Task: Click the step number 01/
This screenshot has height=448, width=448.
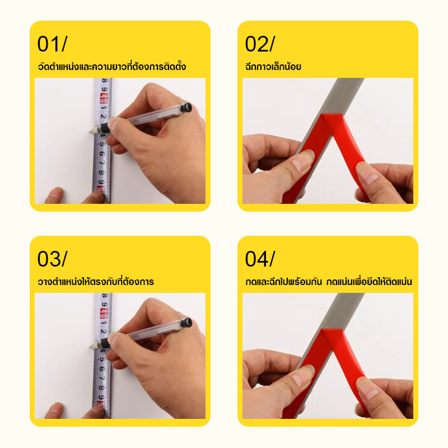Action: [x=52, y=44]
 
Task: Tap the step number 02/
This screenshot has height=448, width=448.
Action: [x=260, y=44]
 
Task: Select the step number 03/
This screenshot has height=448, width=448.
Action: [x=52, y=259]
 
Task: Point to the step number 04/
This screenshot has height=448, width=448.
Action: [x=260, y=259]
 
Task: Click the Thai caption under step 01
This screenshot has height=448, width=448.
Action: [x=111, y=66]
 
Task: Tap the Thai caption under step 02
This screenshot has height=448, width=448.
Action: [x=273, y=66]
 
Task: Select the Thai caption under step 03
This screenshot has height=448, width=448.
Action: [x=96, y=282]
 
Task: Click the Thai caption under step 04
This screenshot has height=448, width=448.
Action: [x=329, y=282]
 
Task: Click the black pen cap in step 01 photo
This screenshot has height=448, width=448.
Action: [x=185, y=108]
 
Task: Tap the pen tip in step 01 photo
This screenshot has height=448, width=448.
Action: [x=91, y=132]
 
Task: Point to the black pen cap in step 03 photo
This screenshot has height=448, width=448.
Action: [x=185, y=323]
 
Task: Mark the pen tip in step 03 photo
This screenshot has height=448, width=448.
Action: [x=91, y=347]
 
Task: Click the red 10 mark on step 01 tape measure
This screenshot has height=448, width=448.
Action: [x=103, y=99]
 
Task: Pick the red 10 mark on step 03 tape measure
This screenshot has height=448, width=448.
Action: [x=103, y=314]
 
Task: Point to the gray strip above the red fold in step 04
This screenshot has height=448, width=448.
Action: [x=344, y=310]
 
